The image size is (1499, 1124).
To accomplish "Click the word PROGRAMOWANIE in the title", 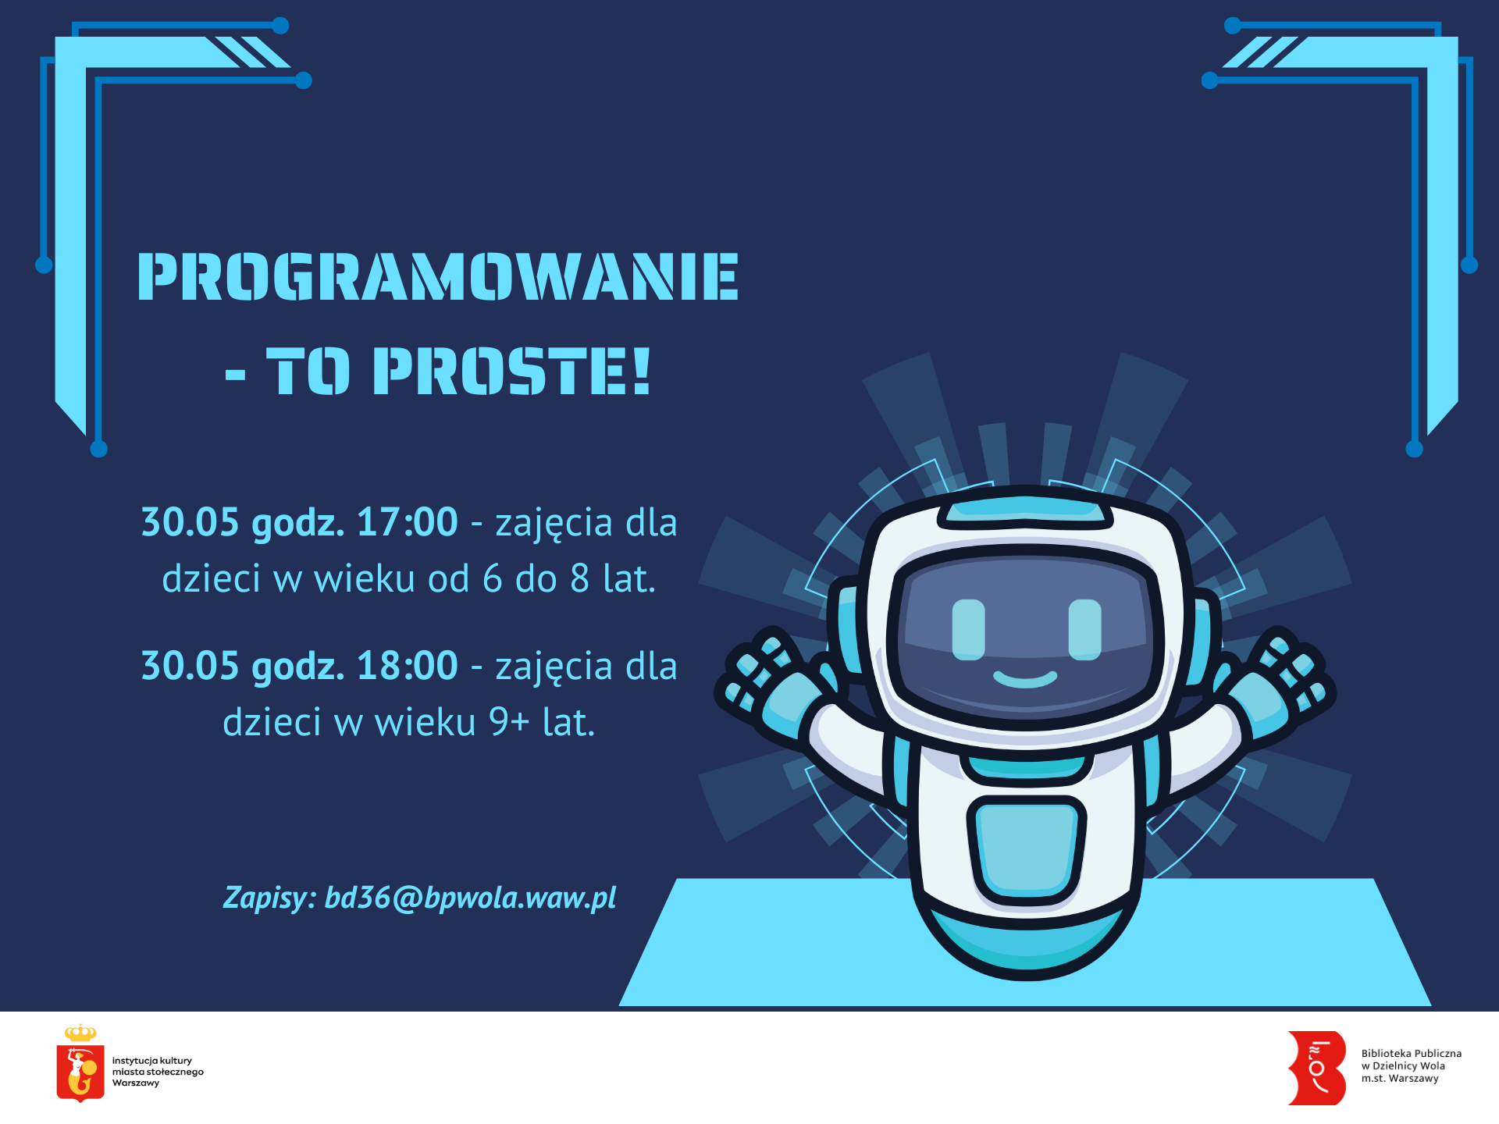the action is pos(437,276).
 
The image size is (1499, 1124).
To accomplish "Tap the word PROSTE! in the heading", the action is pos(511,371).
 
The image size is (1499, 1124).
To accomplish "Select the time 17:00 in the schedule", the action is pos(407,521).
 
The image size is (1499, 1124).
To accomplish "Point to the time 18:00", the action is pos(407,665).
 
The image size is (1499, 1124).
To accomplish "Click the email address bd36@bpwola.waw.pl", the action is pos(470,898).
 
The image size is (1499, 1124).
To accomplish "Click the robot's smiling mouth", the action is pos(1025,678).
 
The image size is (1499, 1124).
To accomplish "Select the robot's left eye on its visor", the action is pos(969,629).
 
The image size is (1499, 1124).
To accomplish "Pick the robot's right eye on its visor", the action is pos(1084,629).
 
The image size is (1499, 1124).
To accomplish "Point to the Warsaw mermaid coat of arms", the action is pos(80,1073).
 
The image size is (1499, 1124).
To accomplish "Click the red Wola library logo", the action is pos(1317,1068).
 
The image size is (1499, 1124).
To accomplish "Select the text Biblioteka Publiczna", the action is pos(1412,1054).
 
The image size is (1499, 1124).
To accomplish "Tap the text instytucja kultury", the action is pos(152,1061).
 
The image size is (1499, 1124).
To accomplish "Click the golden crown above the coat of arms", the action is pos(80,1033).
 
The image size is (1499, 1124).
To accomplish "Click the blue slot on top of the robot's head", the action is pos(1025,511).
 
